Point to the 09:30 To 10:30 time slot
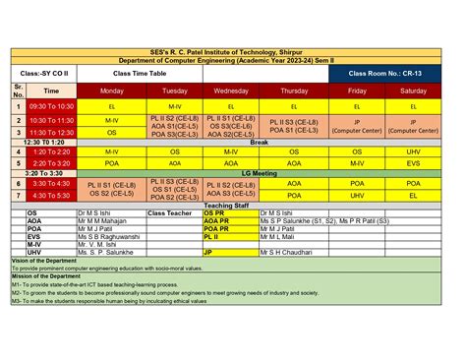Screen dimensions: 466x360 pyautogui.click(x=51, y=105)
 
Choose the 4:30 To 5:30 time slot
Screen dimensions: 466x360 pyautogui.click(x=51, y=195)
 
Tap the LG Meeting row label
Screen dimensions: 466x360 pyautogui.click(x=260, y=173)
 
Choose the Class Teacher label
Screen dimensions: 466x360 pyautogui.click(x=170, y=212)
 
